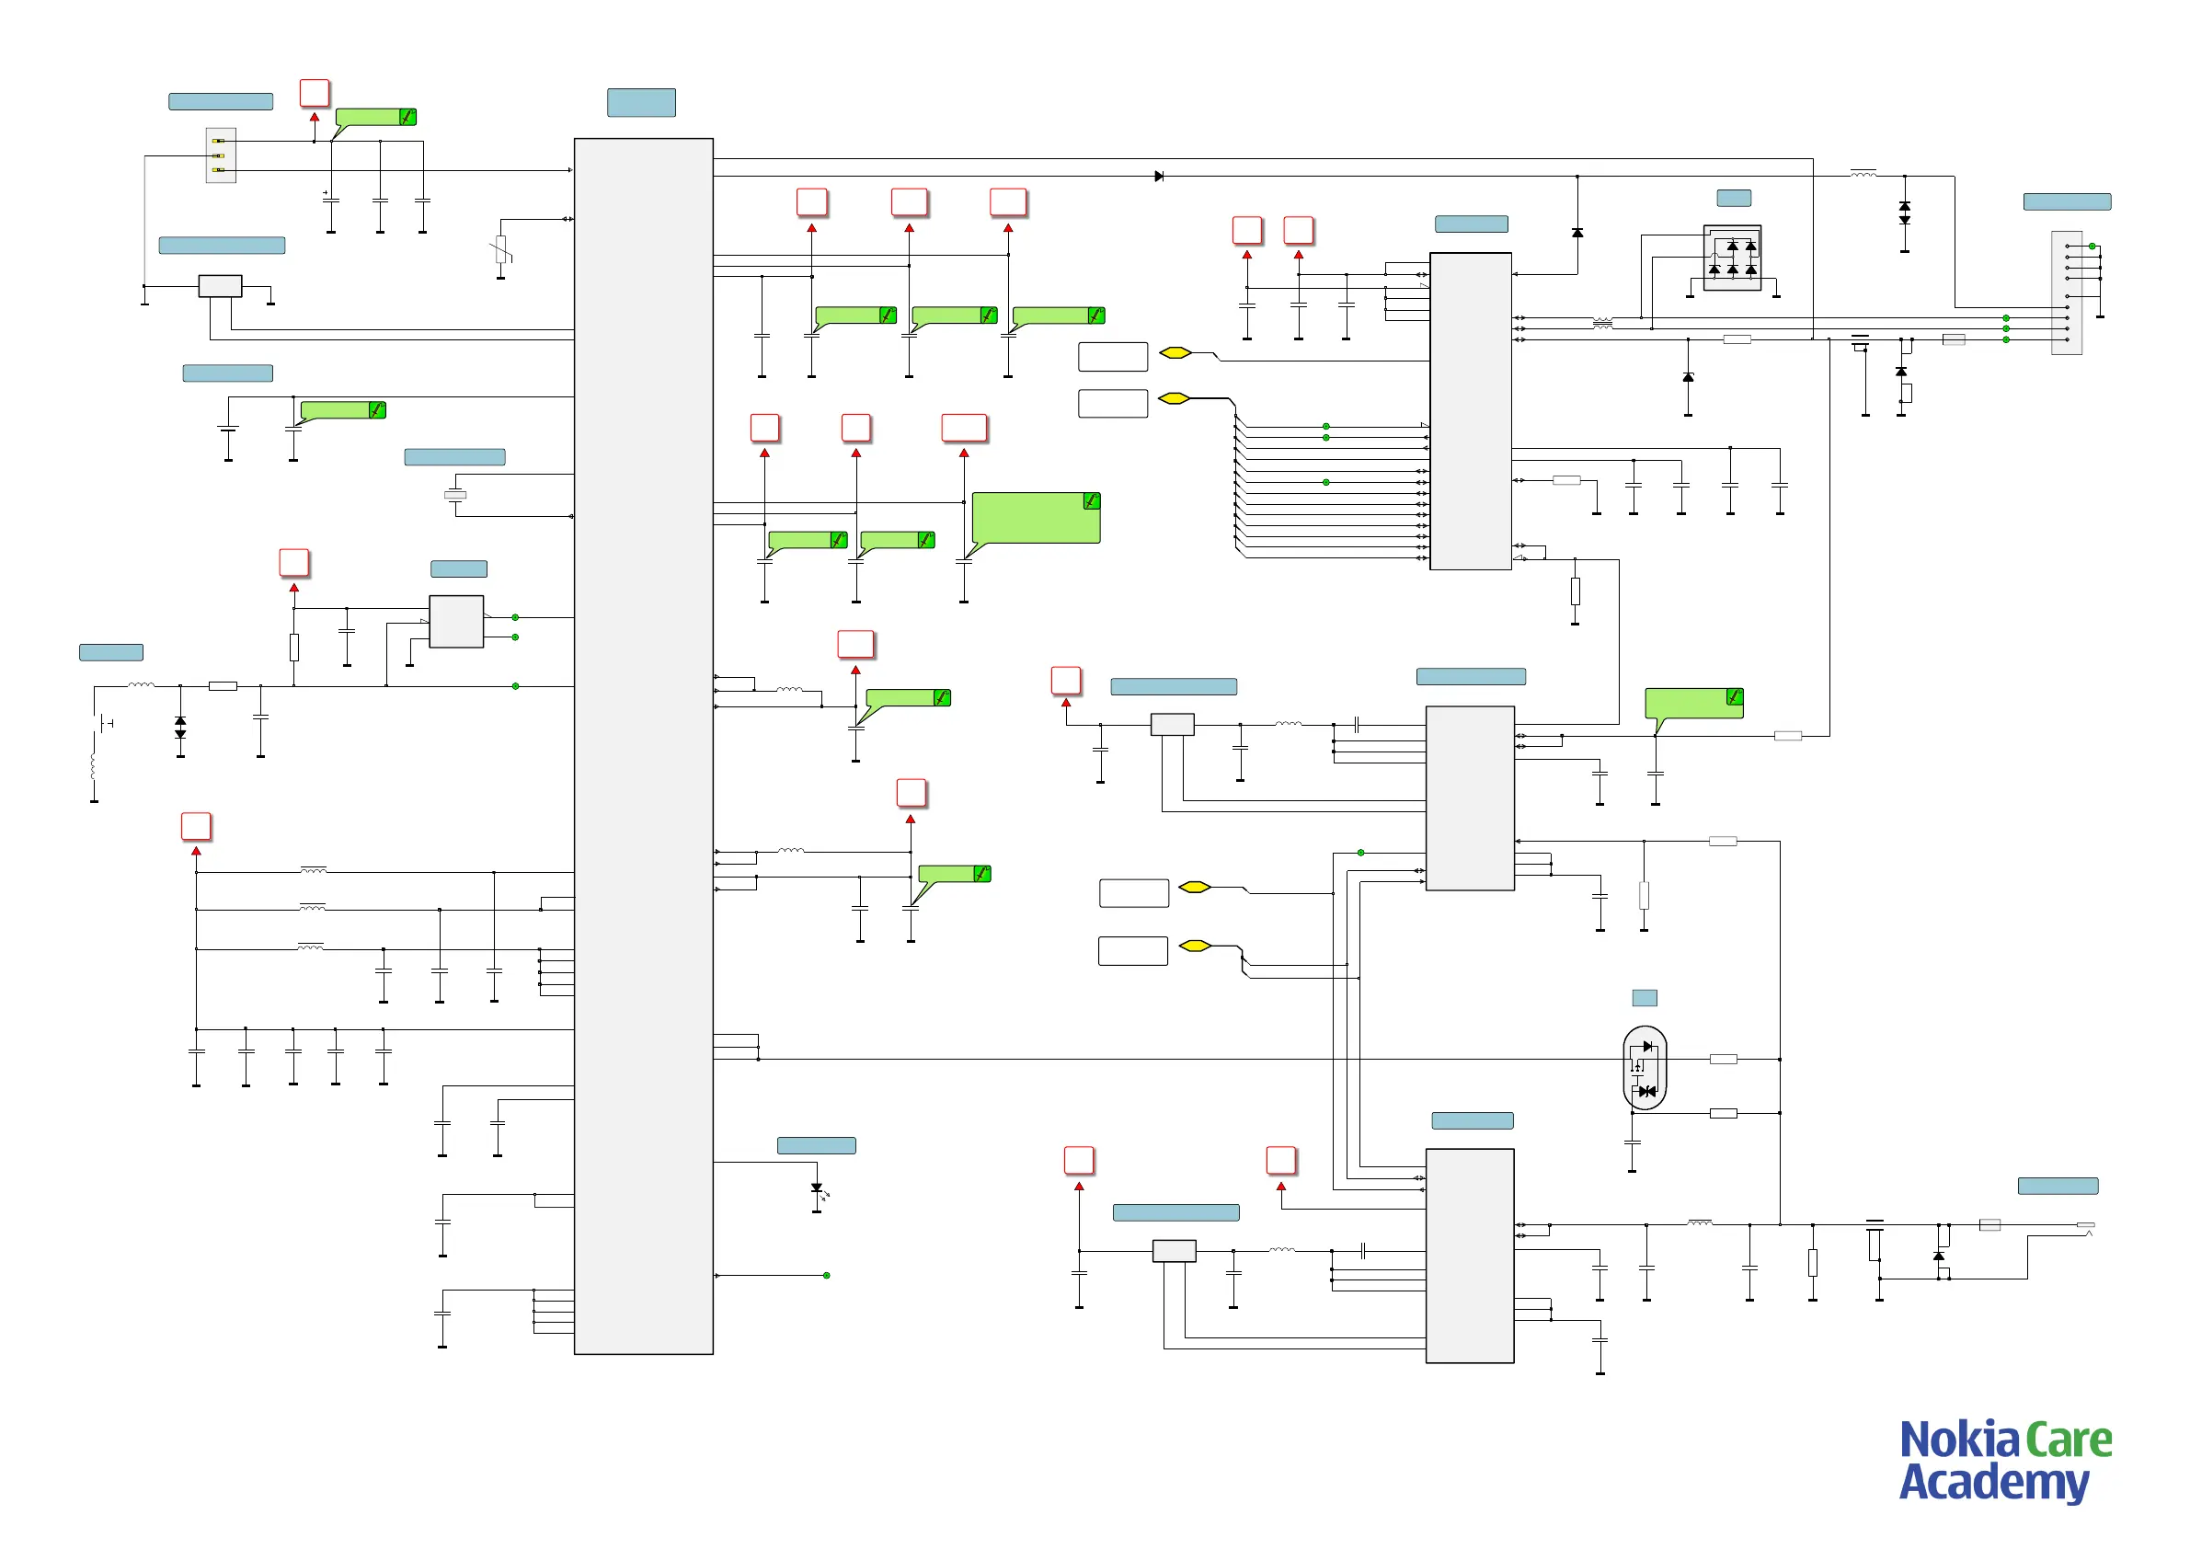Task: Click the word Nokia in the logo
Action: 1958,1441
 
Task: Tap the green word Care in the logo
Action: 2068,1441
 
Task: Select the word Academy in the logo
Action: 1993,1483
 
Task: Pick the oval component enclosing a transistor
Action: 1645,1067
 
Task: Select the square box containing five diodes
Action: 1731,258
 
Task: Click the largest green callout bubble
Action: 1036,518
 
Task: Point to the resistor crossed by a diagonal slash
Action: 500,251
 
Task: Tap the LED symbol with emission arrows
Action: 818,1189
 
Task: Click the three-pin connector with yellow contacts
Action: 221,155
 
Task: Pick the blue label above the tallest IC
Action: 641,102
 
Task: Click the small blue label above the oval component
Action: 1645,998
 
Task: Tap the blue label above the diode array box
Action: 1733,198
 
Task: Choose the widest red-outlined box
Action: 963,428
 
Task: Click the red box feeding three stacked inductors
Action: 196,826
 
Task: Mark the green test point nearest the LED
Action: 826,1275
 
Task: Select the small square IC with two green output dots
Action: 456,621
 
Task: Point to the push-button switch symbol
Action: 105,724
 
